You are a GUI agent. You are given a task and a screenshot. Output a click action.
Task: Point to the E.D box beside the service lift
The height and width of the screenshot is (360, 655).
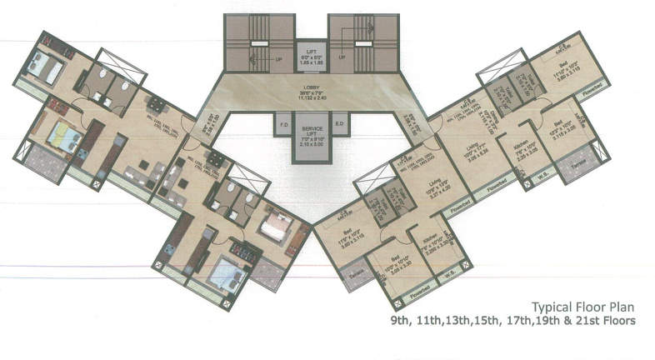(339, 126)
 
